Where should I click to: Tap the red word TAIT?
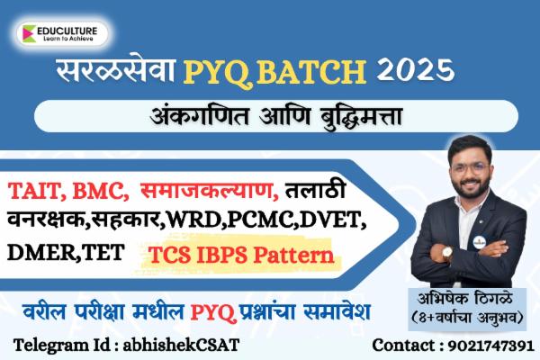pyautogui.click(x=35, y=191)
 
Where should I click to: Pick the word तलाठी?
pyautogui.click(x=315, y=191)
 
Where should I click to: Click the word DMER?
pyautogui.click(x=40, y=254)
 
